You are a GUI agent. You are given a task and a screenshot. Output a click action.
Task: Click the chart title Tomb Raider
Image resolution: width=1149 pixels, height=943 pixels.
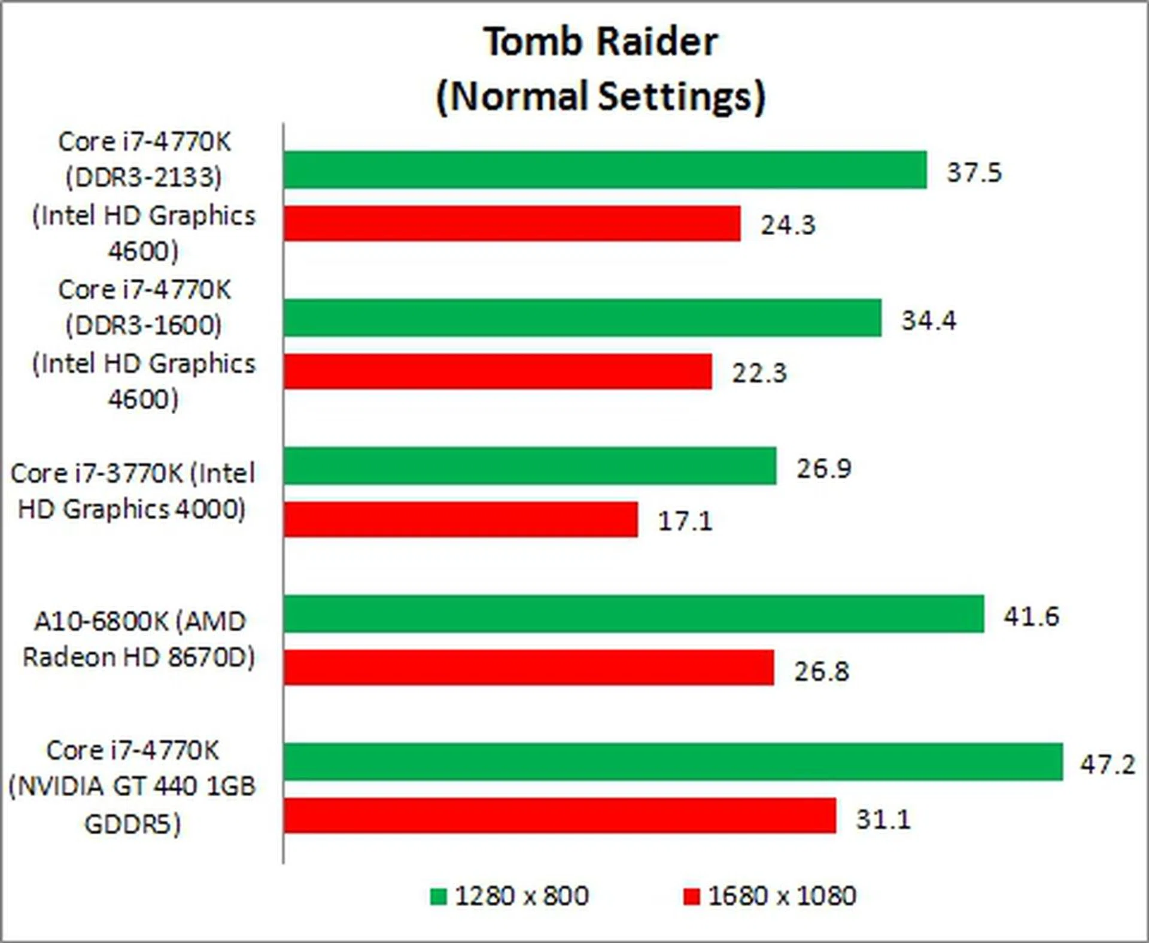click(x=600, y=42)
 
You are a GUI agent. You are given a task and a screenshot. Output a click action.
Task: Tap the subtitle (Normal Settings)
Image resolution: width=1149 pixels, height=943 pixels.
click(x=600, y=96)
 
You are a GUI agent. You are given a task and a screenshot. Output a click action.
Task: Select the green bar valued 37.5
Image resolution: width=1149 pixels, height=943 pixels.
click(x=604, y=170)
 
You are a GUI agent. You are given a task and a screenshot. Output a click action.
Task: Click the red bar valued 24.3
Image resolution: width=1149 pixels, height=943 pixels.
click(x=512, y=224)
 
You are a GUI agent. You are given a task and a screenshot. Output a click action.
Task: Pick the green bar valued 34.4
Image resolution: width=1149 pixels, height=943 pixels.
click(x=582, y=318)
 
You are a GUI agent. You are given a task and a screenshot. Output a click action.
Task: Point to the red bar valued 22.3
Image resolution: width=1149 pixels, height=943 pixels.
click(x=497, y=372)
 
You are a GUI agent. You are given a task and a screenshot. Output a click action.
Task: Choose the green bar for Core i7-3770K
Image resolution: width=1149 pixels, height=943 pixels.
click(x=530, y=466)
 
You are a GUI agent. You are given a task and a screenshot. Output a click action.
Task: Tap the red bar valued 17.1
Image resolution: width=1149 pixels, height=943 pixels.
click(x=460, y=519)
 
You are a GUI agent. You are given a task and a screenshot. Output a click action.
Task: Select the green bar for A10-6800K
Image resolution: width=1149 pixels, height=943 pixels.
click(x=633, y=613)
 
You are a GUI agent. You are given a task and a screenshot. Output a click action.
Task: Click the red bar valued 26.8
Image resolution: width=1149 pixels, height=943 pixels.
click(x=528, y=667)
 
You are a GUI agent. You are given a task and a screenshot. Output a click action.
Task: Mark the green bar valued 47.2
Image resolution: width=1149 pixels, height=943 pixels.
click(x=673, y=761)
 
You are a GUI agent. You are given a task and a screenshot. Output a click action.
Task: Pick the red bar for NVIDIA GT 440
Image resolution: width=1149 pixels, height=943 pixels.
click(x=560, y=815)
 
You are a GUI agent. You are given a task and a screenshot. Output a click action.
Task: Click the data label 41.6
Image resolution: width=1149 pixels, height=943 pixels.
click(x=1031, y=616)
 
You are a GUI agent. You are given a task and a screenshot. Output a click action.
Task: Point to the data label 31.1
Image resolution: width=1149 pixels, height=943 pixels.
click(x=883, y=819)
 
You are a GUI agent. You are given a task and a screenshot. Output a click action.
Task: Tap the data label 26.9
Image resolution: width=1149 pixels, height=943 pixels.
click(x=823, y=468)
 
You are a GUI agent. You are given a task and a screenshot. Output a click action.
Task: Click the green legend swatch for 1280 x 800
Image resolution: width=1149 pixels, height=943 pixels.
click(x=438, y=896)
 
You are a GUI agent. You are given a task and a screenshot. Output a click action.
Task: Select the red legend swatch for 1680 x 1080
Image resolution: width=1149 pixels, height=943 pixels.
click(x=691, y=896)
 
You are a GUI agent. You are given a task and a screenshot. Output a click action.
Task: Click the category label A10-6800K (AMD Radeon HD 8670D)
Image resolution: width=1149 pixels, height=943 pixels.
click(x=139, y=639)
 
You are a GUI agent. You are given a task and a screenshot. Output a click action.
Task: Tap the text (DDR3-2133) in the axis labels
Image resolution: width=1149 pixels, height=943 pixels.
click(x=144, y=177)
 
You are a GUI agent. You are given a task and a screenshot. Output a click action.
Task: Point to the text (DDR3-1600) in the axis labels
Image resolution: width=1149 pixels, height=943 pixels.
click(x=144, y=326)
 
